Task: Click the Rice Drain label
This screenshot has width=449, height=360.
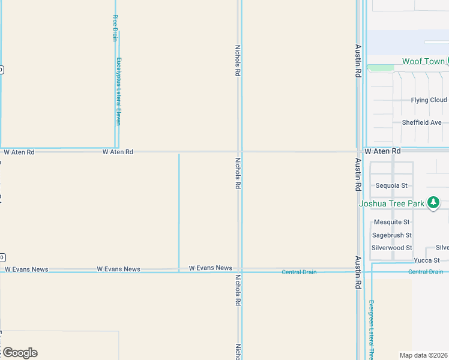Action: point(115,28)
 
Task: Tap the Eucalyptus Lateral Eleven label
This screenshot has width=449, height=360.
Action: point(119,91)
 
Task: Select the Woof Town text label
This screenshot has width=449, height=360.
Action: point(423,61)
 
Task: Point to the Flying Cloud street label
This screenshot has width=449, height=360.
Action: point(429,100)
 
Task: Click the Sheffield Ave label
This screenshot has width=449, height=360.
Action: point(421,122)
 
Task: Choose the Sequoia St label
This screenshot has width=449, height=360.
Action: point(391,185)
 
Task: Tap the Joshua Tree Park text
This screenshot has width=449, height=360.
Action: point(391,203)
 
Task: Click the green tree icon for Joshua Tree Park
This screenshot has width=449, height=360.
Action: point(433,203)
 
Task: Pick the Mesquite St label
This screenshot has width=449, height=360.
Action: point(391,222)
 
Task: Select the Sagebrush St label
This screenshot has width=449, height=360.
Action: point(391,235)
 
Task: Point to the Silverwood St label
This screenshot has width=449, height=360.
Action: point(391,248)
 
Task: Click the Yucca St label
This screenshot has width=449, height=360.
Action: point(427,260)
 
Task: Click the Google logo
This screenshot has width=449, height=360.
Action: point(20,353)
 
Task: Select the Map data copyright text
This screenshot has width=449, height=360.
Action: point(424,355)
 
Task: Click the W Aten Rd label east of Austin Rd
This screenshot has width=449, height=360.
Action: point(382,151)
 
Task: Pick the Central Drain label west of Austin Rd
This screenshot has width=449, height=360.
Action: point(299,272)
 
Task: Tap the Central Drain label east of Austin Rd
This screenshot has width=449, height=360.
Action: point(426,272)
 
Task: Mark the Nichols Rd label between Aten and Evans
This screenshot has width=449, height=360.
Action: point(238,173)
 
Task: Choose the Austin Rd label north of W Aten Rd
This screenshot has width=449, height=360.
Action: point(358,61)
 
